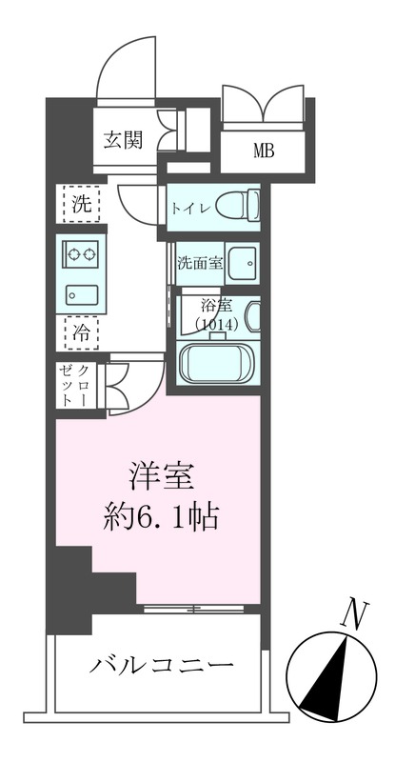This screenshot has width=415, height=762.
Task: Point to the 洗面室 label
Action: pos(200,264)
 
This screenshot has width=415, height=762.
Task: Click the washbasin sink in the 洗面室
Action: pos(241,264)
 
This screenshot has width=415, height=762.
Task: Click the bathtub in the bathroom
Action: pos(218,365)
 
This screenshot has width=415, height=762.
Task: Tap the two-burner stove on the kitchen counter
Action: pos(83,255)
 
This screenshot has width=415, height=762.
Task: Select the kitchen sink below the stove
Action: pos(83,293)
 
